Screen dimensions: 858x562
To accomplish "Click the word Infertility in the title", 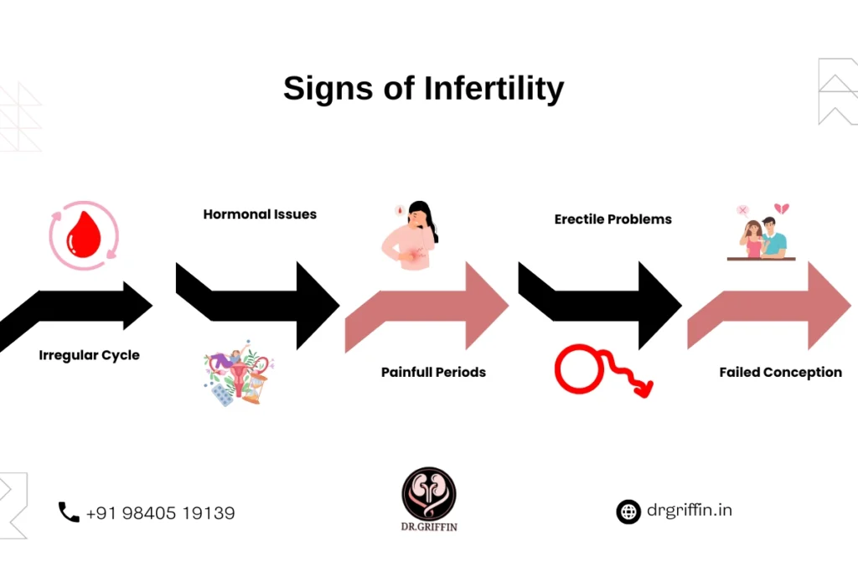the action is pos(494,89).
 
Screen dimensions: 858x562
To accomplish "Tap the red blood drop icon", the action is pos(84,235).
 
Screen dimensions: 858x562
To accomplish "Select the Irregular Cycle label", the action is pos(89,355).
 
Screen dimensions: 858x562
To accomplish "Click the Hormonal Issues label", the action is pos(260,214).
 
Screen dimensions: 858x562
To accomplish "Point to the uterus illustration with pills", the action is pos(239,373).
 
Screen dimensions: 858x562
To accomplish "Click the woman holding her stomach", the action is pos(410,235).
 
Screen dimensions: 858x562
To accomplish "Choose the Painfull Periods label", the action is pos(433,372).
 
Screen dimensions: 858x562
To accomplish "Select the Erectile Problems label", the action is pos(612,219).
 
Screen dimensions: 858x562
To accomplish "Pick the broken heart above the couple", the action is pos(782,209).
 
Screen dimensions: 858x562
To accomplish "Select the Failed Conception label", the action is pos(780,372).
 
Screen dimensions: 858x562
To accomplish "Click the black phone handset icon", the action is pos(69,513).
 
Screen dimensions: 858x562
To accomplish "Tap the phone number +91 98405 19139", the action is pos(160,513).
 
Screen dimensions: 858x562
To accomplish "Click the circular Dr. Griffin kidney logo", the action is pos(429,493).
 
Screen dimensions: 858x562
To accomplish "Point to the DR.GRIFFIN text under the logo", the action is pos(429,527).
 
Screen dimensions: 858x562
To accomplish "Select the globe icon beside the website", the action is pos(628,513).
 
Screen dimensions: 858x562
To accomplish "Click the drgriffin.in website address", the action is pos(690,510).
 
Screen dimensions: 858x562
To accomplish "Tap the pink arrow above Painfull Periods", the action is pos(426,307).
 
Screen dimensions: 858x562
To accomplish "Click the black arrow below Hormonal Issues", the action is pos(257,306).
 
